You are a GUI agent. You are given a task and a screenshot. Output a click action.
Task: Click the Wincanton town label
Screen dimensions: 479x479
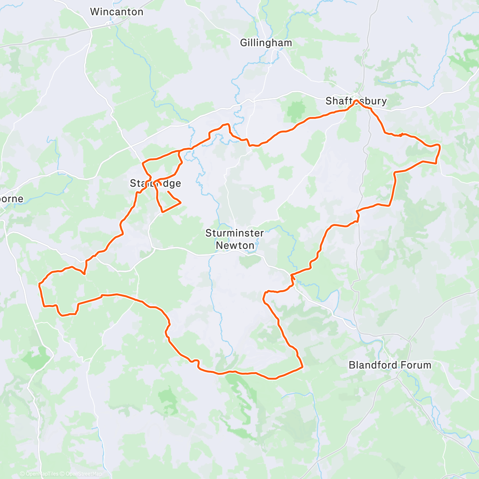(x=117, y=12)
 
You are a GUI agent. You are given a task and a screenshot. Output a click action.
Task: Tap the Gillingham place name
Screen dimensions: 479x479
(x=266, y=43)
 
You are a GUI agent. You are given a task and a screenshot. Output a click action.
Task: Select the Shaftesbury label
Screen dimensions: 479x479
(x=356, y=101)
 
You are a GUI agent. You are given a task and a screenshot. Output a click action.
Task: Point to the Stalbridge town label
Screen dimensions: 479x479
(x=155, y=184)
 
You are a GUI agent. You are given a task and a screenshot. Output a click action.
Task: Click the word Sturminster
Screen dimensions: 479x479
(x=235, y=233)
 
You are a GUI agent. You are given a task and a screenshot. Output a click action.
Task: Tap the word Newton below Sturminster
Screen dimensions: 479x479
(x=235, y=245)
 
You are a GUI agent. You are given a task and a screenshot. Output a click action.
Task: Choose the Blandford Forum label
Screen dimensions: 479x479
(x=390, y=365)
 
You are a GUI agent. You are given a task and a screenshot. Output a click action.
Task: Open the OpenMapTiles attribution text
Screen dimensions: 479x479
(x=42, y=474)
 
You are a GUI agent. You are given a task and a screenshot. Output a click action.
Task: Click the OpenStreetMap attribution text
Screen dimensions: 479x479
(x=84, y=474)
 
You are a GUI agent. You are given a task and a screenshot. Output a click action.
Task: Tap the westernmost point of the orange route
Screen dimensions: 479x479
(x=39, y=285)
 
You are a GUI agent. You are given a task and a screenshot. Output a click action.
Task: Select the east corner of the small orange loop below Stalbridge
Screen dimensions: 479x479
(x=181, y=203)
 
